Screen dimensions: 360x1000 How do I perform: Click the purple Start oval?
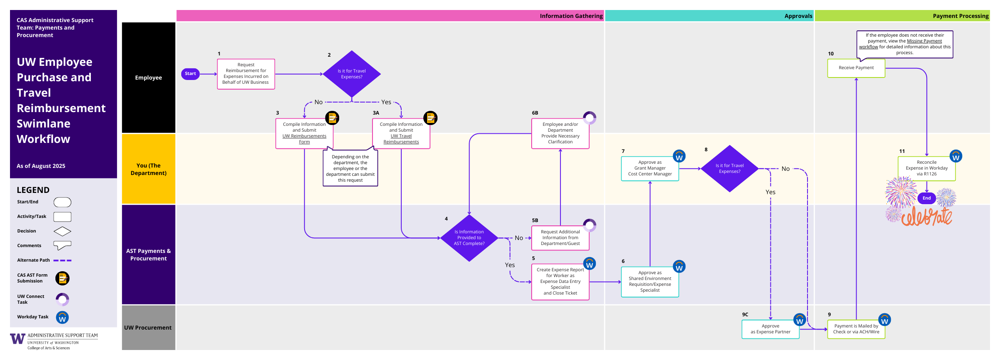point(190,74)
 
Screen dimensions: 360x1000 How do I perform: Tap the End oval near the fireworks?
point(927,198)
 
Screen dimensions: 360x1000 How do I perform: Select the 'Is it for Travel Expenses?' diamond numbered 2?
point(352,74)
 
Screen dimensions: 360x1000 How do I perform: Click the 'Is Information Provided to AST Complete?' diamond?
point(469,238)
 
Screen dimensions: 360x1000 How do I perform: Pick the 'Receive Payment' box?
point(856,68)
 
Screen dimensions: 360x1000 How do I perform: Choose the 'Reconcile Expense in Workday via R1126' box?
point(926,168)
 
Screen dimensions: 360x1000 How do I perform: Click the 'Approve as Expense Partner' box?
point(770,329)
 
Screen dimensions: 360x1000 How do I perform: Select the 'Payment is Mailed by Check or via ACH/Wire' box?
point(856,329)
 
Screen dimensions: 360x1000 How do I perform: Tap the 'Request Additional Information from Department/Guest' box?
point(560,238)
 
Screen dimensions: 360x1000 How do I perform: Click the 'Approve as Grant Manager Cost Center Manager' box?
point(650,168)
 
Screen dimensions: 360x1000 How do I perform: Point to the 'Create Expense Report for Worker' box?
point(560,282)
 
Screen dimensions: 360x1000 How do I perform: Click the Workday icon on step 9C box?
point(799,320)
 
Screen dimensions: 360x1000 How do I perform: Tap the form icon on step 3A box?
point(430,118)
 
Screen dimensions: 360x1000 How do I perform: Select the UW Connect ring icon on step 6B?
point(590,118)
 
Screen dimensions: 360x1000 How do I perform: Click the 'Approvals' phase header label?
point(798,16)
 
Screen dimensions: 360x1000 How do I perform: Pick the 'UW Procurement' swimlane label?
point(148,328)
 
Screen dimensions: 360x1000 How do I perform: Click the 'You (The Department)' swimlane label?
point(148,169)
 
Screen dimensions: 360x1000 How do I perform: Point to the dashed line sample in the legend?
point(62,260)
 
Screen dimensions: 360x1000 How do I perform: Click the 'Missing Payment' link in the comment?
point(924,41)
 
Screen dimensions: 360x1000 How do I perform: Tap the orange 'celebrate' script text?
point(927,217)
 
